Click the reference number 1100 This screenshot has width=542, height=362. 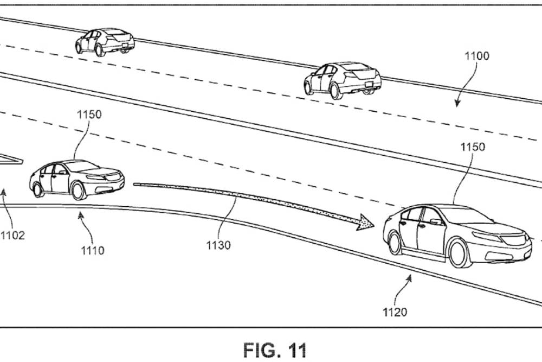pos(476,55)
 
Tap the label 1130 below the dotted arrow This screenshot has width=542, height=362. pos(218,245)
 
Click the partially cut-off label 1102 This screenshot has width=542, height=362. pos(12,236)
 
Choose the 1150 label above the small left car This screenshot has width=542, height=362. pos(89,115)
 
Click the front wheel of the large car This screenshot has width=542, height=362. pos(458,253)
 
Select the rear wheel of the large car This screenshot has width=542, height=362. pos(395,243)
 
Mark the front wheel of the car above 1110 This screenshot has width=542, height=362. pos(78,190)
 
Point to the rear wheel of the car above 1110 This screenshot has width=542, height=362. pos(37,189)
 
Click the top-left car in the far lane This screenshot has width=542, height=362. pos(105,42)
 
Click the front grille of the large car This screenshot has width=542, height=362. pos(515,239)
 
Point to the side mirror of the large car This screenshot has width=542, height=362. pos(435,221)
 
